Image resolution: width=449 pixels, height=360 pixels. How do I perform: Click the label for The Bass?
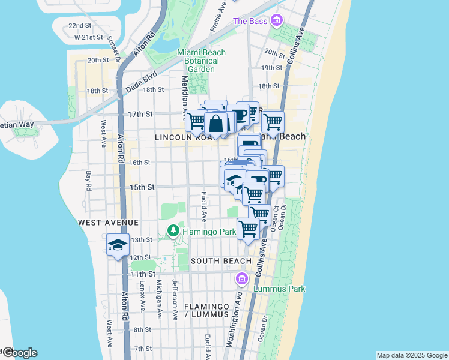point(249,21)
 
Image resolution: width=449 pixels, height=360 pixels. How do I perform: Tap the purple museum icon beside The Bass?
point(276,21)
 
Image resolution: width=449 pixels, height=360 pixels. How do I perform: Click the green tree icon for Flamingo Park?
point(173,230)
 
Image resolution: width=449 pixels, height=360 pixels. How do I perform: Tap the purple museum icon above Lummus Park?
point(242,278)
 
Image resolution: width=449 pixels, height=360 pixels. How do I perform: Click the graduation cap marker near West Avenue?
point(118,245)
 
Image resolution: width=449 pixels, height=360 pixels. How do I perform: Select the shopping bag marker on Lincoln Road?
point(217,124)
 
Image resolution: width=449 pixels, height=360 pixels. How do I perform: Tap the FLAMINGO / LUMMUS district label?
point(206,310)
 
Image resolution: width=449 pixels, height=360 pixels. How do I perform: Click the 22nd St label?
point(79,26)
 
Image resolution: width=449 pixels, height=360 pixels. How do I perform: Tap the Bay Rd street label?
point(89,181)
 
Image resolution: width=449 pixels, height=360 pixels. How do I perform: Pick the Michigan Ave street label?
point(159,298)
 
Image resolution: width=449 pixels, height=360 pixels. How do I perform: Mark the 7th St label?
point(143,349)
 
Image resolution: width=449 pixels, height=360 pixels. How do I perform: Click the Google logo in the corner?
point(19,353)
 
